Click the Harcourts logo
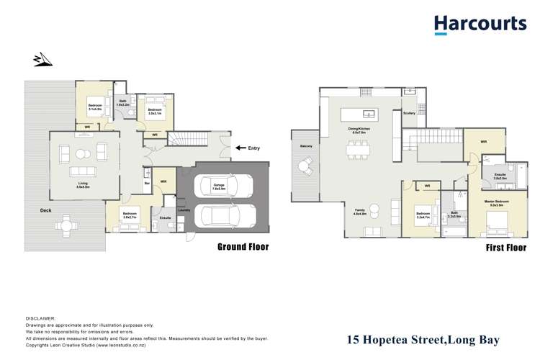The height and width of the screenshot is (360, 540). click(x=480, y=24)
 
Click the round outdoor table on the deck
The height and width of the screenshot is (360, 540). click(x=66, y=225)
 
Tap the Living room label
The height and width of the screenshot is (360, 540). click(x=84, y=185)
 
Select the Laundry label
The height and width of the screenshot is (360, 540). click(x=184, y=211)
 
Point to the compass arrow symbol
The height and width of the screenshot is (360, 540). click(x=42, y=60)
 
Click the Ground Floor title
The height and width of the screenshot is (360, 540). click(x=243, y=247)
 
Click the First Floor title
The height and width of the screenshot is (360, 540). click(x=504, y=248)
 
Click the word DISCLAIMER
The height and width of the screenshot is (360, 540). click(x=45, y=318)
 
